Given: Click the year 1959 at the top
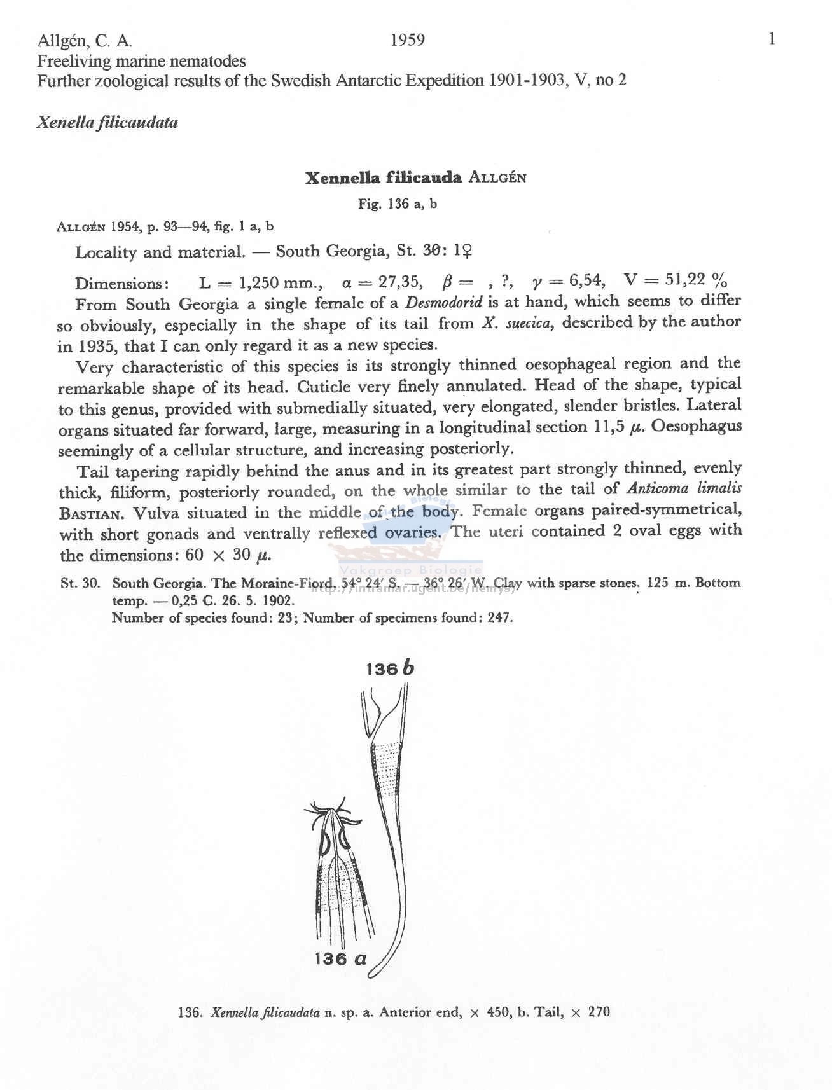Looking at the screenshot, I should click(407, 40).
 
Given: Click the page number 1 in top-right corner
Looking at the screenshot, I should click(772, 39).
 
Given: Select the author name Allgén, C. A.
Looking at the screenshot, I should click(85, 41).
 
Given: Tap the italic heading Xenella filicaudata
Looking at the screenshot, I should click(107, 122).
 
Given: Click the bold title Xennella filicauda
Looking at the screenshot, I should click(383, 177).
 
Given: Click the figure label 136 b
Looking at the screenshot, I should click(390, 668).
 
